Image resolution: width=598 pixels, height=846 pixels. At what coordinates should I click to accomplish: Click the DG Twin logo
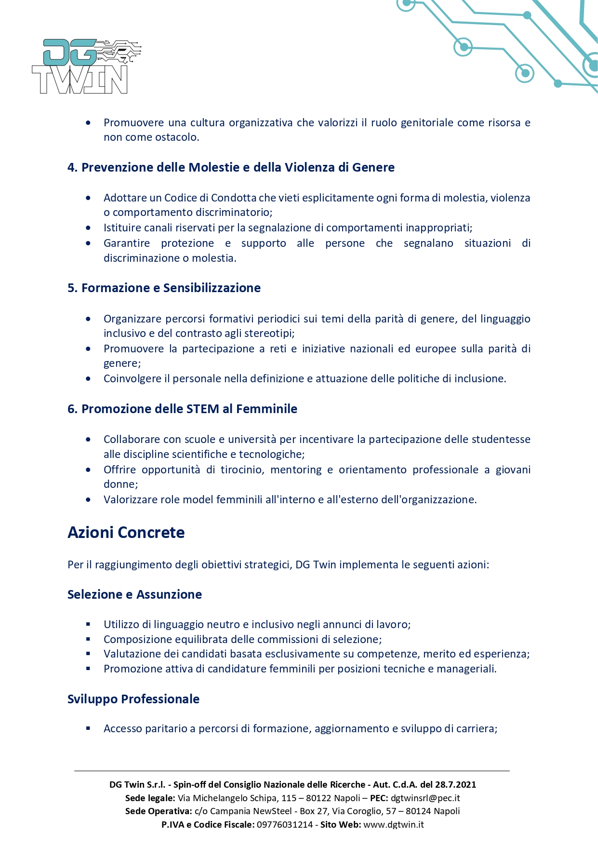[86, 67]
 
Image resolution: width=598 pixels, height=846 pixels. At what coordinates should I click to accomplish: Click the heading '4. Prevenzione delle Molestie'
[231, 168]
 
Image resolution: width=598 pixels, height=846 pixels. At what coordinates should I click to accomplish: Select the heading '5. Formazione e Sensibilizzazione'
[164, 288]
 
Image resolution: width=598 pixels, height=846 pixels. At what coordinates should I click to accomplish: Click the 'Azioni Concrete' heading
[126, 533]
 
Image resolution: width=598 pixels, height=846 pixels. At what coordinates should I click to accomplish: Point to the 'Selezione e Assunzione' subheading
[134, 595]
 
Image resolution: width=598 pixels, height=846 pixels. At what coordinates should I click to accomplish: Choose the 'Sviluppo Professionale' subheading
[133, 699]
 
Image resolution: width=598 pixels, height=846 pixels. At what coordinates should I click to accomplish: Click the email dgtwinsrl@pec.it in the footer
[425, 798]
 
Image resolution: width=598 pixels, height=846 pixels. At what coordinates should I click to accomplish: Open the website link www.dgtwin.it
[393, 825]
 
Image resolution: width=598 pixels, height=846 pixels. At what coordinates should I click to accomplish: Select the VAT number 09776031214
[285, 825]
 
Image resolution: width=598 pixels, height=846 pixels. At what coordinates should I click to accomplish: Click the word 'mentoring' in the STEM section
[296, 470]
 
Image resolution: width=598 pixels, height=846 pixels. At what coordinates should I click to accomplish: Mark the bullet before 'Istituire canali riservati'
[88, 228]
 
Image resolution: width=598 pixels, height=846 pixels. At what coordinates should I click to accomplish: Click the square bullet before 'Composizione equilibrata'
[88, 639]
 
